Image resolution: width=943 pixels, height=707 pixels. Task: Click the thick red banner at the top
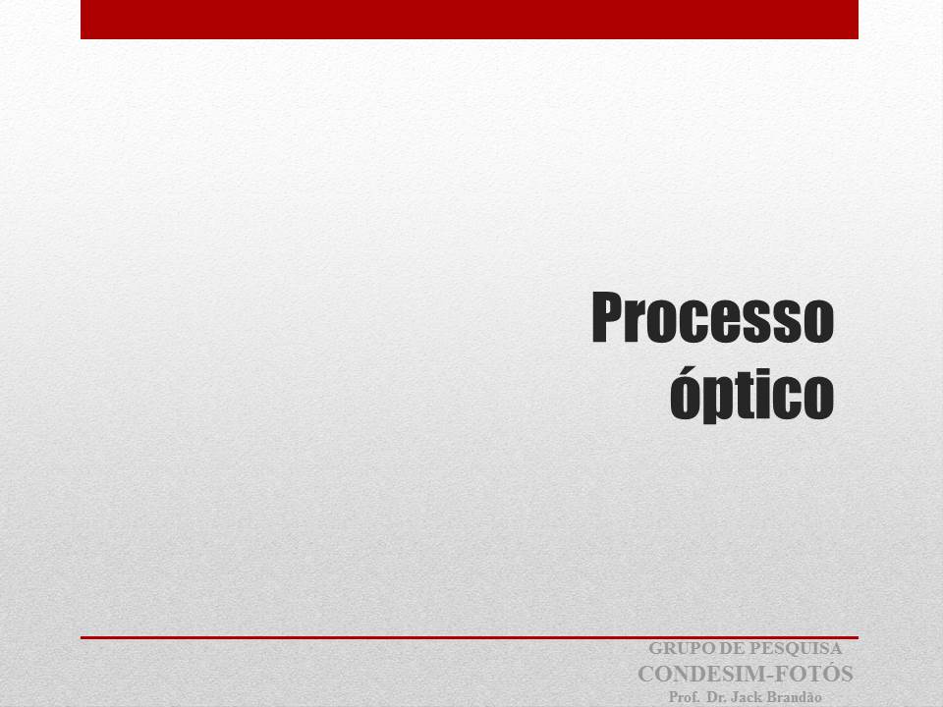coord(470,20)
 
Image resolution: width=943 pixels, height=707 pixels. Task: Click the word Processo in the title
coord(713,317)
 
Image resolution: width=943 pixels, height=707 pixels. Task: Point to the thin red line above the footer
coord(470,637)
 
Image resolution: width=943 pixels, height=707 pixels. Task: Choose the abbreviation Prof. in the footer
coord(684,697)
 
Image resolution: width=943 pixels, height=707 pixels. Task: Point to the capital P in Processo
coord(607,317)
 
